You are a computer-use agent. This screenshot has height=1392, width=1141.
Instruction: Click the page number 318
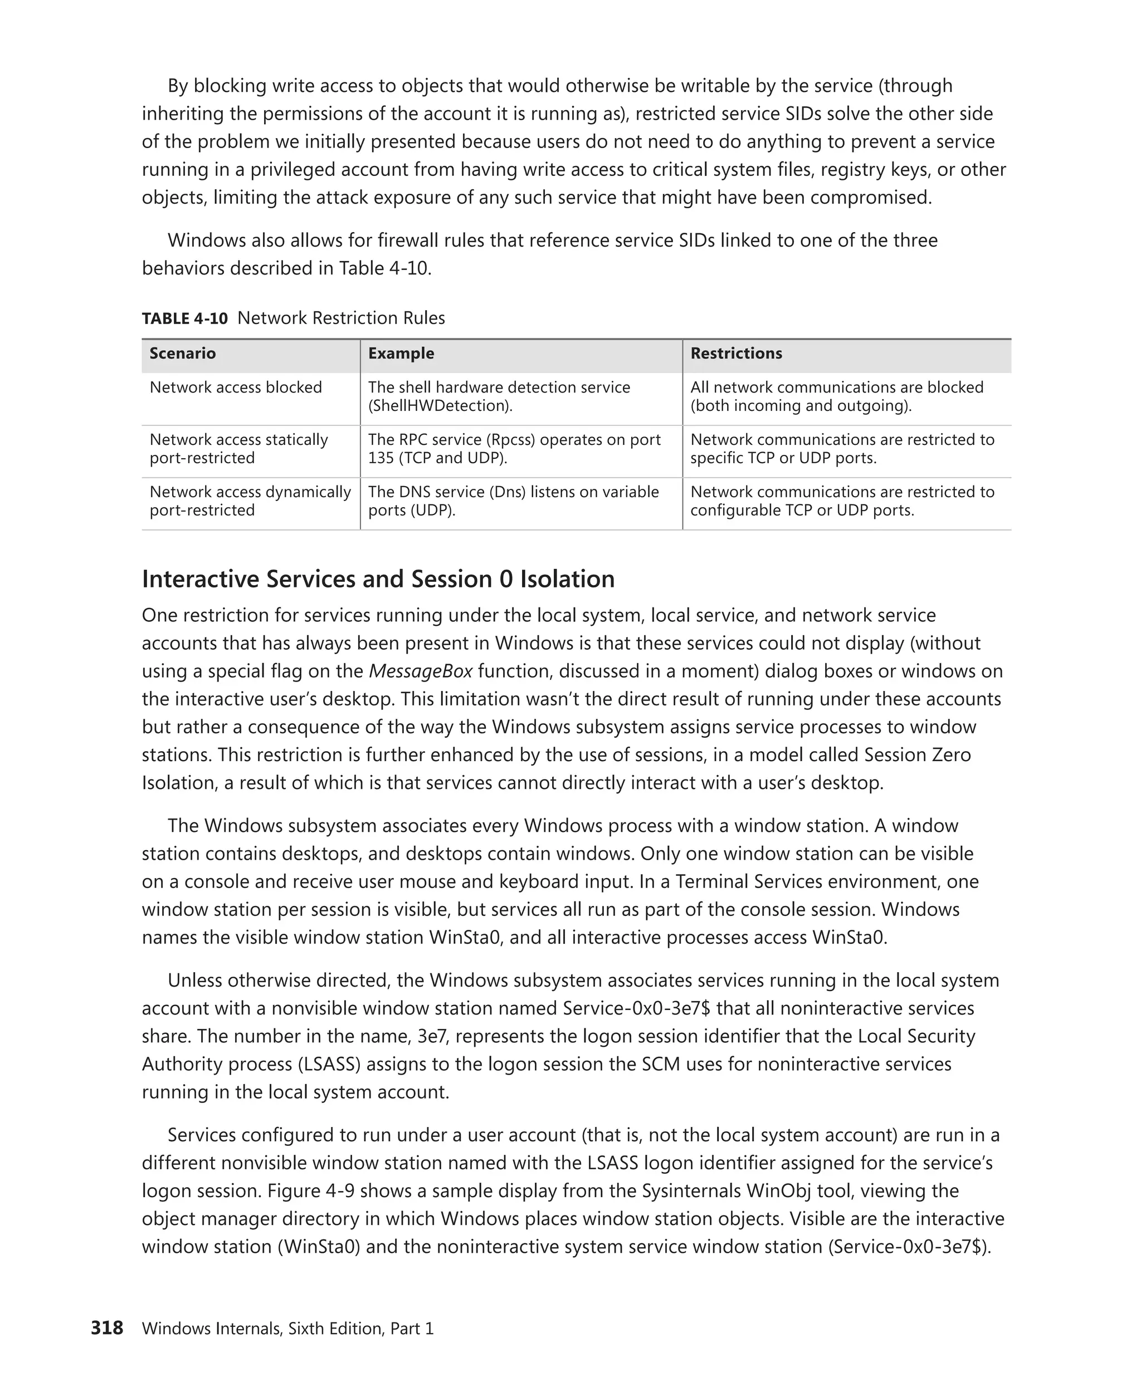106,1327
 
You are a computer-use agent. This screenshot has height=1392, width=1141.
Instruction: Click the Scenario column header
182,354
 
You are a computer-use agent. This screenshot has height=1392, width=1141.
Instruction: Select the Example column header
401,354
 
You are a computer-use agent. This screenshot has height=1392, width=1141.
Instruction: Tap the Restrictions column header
736,354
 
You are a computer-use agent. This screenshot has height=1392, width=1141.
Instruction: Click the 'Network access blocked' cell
235,388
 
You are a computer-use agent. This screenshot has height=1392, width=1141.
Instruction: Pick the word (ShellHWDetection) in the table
440,406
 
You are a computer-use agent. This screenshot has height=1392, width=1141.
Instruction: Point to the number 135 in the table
379,458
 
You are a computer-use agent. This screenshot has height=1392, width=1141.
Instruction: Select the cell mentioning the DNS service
513,501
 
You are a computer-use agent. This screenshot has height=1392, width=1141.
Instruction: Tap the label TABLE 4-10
185,318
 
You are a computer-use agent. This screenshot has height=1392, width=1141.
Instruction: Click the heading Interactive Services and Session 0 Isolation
378,579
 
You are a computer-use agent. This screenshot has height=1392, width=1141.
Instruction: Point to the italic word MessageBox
421,672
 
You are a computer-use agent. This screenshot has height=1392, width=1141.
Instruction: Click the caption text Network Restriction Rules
340,318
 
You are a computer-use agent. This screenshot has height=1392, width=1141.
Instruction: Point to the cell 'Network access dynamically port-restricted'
250,501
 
